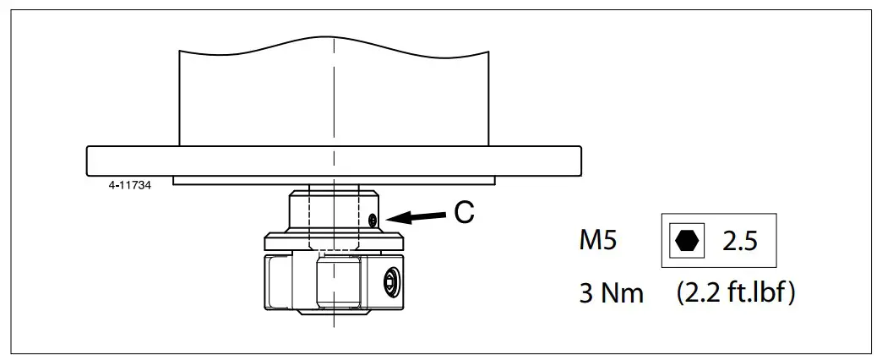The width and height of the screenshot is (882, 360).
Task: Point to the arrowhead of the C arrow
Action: point(389,220)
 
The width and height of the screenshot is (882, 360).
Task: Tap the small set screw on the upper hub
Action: point(373,220)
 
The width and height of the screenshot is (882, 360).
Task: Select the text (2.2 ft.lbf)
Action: point(735,292)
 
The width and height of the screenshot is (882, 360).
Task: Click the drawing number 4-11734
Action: point(130,185)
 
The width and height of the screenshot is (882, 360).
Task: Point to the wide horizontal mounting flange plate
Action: point(334,161)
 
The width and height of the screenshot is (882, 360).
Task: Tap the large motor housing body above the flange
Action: point(334,97)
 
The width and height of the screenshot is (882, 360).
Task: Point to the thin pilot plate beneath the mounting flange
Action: point(334,181)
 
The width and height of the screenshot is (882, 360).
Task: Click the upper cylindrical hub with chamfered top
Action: point(334,211)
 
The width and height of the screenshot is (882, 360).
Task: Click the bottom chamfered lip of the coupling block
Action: point(334,309)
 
